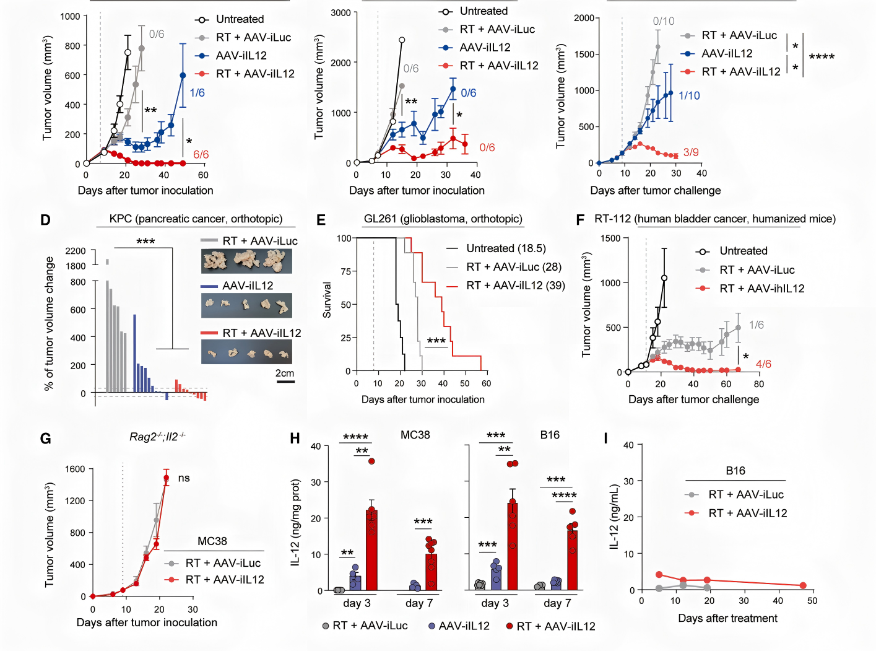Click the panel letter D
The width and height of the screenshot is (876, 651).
point(45,220)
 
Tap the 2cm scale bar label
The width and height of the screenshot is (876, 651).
point(285,373)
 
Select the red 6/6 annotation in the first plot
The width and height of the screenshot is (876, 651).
point(201,154)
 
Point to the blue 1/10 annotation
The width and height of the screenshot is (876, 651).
point(689,95)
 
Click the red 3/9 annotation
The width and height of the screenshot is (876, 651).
point(691,152)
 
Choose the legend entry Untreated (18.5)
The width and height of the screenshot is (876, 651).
point(506,248)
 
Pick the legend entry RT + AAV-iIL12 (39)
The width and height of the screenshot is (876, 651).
point(515,285)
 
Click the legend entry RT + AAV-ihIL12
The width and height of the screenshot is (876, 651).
point(761,288)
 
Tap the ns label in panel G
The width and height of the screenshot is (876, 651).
point(184,478)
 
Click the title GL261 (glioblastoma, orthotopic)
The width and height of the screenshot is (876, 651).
point(443,219)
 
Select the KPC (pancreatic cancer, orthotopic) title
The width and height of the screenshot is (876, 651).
point(196,219)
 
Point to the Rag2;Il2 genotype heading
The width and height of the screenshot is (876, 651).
point(157,437)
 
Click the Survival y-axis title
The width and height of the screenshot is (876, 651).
point(327,300)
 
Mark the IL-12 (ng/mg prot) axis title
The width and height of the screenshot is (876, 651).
point(296,522)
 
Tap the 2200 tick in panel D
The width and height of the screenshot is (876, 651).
point(76,251)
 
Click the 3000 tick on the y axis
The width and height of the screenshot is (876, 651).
point(340,12)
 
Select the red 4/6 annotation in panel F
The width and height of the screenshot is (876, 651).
point(763,364)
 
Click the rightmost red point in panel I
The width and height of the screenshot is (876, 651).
point(803,585)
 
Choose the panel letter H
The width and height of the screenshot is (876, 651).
point(295,439)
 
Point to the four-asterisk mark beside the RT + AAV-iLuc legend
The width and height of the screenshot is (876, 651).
point(822,57)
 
